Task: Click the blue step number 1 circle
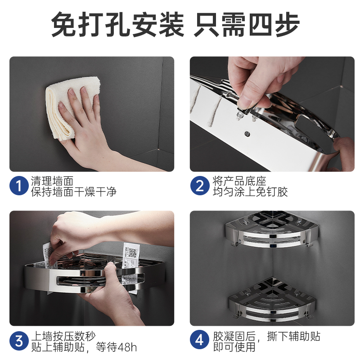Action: [19, 185]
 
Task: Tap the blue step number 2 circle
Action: [199, 185]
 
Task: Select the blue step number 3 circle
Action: [19, 341]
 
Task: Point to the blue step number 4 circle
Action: [199, 340]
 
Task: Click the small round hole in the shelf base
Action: [247, 133]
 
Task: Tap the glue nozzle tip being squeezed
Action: [238, 115]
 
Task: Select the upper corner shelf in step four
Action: [272, 229]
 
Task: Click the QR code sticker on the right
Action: [131, 255]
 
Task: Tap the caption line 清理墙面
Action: [52, 181]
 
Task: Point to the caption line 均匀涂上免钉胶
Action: [250, 192]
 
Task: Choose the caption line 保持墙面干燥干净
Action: [74, 192]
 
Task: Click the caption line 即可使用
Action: [234, 346]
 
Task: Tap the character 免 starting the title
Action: [64, 24]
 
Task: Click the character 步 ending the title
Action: [287, 24]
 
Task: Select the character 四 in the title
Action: [261, 24]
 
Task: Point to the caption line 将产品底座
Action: [239, 181]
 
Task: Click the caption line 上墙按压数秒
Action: [63, 336]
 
